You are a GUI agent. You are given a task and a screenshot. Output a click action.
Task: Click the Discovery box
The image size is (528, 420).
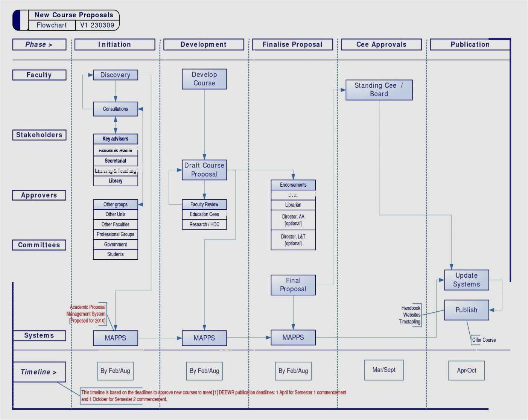115,75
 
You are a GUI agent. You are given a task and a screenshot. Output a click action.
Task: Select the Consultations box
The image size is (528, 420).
115,109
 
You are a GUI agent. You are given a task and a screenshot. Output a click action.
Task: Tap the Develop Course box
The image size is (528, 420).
204,79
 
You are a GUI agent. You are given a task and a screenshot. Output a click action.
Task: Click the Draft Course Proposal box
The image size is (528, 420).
204,170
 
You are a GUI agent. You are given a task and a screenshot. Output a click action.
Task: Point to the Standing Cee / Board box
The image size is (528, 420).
379,90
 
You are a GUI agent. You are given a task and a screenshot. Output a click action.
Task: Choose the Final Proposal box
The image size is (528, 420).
293,285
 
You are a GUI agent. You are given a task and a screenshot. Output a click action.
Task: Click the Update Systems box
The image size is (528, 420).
466,280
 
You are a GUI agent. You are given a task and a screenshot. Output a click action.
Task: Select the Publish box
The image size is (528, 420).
466,310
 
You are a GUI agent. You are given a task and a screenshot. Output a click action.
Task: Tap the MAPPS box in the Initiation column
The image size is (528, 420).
115,338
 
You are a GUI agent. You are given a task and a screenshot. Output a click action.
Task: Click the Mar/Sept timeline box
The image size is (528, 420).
384,370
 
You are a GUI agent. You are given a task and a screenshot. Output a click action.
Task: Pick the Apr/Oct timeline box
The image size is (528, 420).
466,371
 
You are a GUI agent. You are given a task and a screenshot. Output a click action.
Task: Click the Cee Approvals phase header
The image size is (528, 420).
381,44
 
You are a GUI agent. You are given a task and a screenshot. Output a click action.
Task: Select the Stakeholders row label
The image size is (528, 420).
39,135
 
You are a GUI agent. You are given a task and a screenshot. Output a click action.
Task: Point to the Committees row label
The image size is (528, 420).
39,245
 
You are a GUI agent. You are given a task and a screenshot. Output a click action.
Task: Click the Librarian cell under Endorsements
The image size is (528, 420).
293,205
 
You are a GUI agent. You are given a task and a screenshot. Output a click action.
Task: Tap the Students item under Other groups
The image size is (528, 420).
115,254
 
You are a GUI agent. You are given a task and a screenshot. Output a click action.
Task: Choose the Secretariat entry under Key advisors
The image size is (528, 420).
115,161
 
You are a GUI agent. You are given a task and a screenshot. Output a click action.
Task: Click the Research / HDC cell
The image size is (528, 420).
204,225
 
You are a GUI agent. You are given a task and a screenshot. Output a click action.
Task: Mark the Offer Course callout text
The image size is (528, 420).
484,340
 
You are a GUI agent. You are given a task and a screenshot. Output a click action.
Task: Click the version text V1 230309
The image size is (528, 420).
97,25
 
